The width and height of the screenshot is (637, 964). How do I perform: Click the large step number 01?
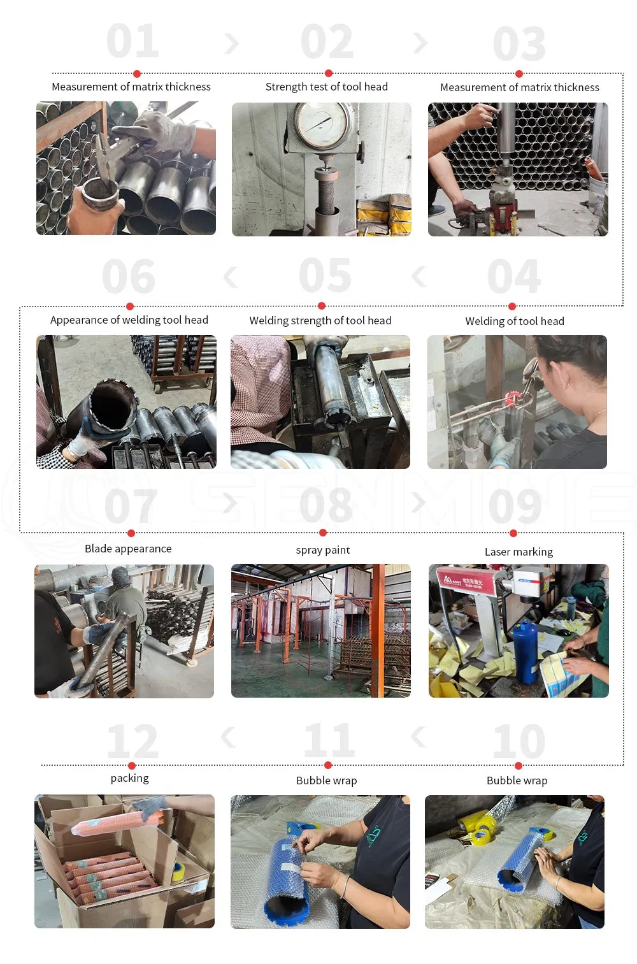tap(132, 41)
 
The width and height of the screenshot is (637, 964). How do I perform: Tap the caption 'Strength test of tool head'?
tap(326, 87)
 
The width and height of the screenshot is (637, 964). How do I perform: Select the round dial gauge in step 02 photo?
tap(322, 124)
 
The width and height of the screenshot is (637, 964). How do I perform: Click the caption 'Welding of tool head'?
tap(515, 321)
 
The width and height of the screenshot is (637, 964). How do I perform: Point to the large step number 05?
tap(325, 276)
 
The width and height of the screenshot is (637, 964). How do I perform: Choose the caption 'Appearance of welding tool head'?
tap(129, 320)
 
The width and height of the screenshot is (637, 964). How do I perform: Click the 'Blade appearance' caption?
tap(128, 549)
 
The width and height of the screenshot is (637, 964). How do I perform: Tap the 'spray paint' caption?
tap(323, 550)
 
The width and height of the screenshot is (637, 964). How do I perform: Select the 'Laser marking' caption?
tap(519, 552)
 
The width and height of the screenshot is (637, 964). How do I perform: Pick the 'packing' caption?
tap(129, 778)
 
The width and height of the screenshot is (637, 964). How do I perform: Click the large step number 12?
tap(132, 742)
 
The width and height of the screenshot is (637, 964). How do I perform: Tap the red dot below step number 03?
tap(519, 74)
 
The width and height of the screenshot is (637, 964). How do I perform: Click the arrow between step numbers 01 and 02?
tap(232, 43)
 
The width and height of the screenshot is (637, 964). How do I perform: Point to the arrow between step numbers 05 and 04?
tap(419, 277)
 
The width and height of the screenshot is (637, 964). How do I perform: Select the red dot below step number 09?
tap(513, 533)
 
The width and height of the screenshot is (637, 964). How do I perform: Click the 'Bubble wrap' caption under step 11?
tap(326, 781)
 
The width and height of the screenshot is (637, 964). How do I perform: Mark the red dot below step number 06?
tap(130, 306)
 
